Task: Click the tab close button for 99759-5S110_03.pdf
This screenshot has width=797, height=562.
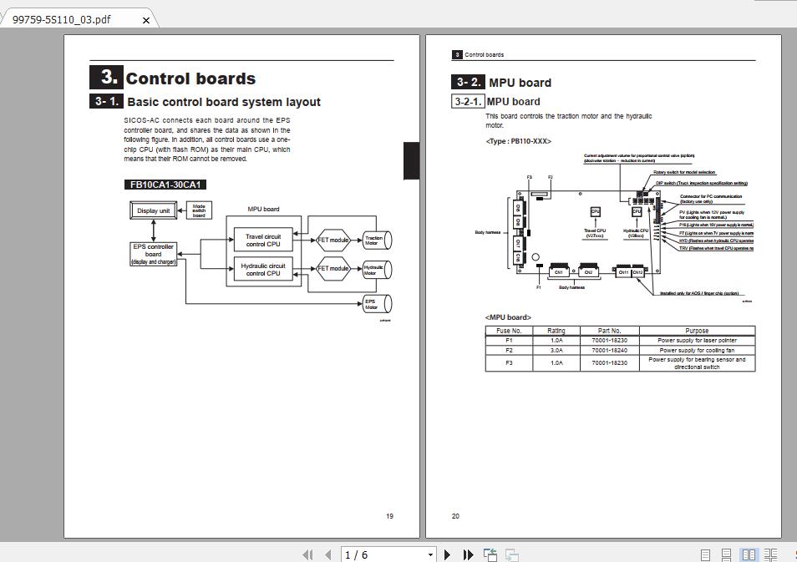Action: (146, 20)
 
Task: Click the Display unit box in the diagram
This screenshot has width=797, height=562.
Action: (153, 210)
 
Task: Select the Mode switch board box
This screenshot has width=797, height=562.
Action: (199, 210)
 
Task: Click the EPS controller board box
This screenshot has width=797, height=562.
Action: (153, 253)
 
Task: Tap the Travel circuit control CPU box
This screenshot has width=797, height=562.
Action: (263, 240)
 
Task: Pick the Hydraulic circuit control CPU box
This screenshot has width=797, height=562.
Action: (263, 269)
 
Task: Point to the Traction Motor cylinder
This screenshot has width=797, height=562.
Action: (375, 240)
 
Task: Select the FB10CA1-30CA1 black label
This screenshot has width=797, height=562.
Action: (165, 185)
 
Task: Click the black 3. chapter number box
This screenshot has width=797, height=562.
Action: (106, 77)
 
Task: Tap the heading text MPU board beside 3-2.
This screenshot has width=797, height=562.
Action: (520, 83)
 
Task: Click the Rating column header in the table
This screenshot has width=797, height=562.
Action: (556, 331)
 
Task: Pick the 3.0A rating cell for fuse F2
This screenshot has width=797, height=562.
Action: (556, 350)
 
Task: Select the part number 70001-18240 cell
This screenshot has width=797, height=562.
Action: (609, 350)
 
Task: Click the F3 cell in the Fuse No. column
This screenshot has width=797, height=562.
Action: (509, 363)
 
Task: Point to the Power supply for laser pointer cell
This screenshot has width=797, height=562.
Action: (697, 341)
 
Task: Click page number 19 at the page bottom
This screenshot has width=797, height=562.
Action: (389, 516)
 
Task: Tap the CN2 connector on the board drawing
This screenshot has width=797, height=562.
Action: (587, 271)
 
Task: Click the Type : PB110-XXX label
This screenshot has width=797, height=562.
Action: (518, 141)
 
